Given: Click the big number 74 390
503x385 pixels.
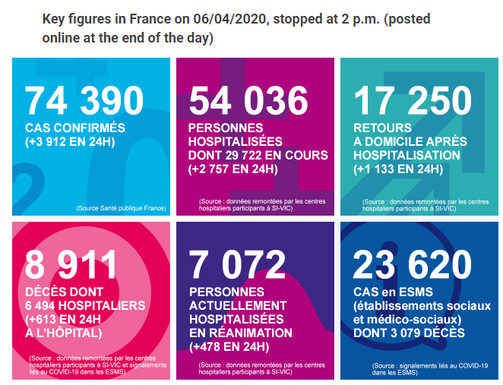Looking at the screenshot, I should click(84, 101).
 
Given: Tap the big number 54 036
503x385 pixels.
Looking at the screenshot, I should click(248, 101).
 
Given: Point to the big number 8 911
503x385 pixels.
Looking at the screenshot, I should click(71, 265).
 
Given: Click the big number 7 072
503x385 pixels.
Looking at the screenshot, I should click(236, 265).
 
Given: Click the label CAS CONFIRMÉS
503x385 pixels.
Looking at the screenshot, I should click(75, 128).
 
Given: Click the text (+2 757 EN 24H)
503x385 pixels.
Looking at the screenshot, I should click(233, 169).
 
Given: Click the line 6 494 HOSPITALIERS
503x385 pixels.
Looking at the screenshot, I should click(85, 305).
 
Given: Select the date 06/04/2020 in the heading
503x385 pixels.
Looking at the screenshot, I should click(214, 17).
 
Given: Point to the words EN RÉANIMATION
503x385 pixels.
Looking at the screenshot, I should click(241, 333).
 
